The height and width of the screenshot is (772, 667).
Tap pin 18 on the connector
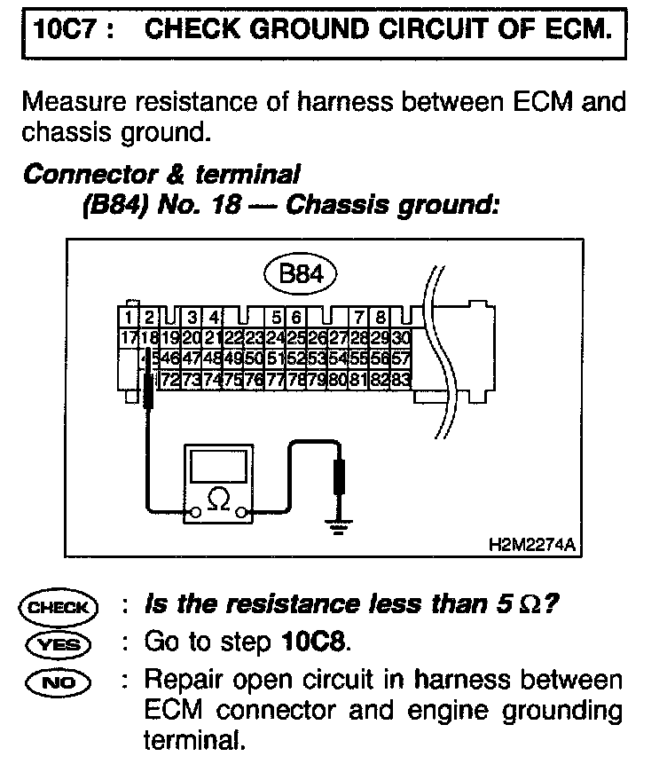149,337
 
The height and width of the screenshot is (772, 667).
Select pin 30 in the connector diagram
401,337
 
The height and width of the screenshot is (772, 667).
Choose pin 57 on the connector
400,358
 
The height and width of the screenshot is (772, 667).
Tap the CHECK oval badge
60,608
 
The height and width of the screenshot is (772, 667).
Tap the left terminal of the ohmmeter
192,511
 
